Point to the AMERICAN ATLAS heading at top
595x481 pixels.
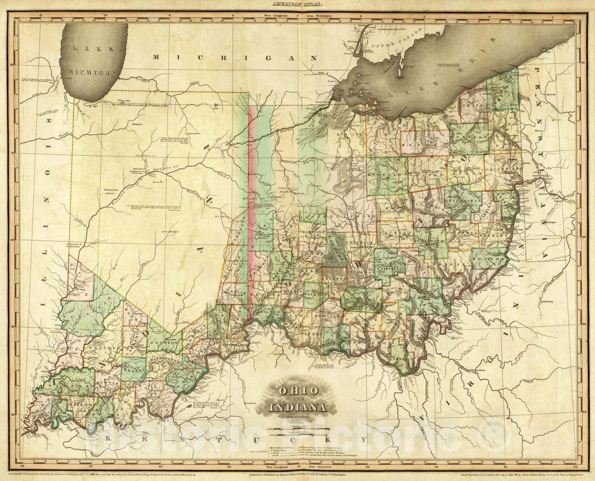coord(298,4)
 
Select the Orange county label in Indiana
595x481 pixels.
coord(133,368)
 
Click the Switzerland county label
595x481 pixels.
coord(234,345)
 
